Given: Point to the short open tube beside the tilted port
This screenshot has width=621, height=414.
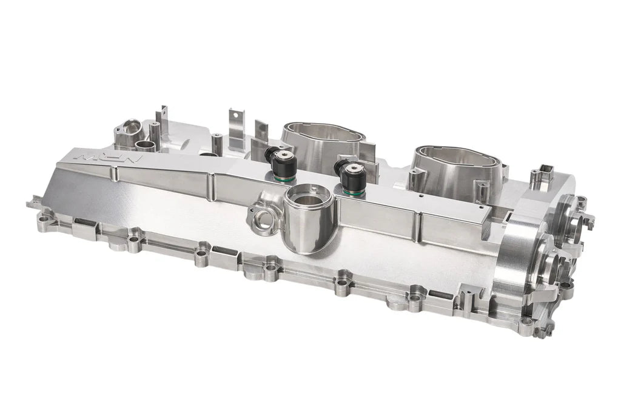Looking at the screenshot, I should pos(146,145).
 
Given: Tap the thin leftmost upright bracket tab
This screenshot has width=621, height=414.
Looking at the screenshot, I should pos(163,119).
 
